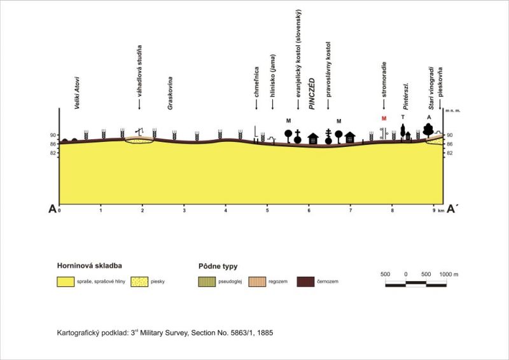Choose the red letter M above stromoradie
[x=384, y=118]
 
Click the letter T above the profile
[x=403, y=118]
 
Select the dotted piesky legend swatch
[x=142, y=280]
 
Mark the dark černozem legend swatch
[x=308, y=280]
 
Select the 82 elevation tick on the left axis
[x=54, y=153]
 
